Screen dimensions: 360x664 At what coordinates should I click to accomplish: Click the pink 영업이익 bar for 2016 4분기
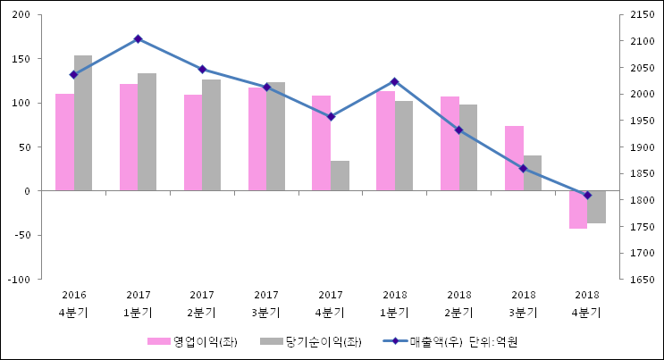click(x=64, y=142)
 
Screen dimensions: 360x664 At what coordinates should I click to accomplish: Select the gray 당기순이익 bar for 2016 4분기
click(x=83, y=123)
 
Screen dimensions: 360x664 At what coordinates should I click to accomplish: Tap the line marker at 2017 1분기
click(x=138, y=39)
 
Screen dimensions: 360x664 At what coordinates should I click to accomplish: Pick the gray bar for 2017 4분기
click(x=340, y=176)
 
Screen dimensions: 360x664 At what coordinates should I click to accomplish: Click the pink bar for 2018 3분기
click(x=514, y=158)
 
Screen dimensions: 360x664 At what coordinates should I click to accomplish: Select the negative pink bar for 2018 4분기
click(x=578, y=209)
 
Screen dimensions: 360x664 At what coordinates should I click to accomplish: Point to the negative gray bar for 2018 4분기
click(x=597, y=206)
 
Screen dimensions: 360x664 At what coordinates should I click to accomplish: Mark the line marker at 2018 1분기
click(x=394, y=81)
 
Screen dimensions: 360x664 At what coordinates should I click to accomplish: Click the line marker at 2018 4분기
click(x=587, y=195)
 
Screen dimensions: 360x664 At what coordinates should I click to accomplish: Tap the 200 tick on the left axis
click(x=21, y=15)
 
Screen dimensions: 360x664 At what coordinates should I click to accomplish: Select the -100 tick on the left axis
click(x=20, y=280)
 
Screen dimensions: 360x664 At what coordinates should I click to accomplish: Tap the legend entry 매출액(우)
click(x=424, y=342)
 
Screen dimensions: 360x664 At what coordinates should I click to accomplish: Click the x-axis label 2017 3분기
click(x=266, y=304)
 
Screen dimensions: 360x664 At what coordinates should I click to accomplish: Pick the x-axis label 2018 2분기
click(x=458, y=304)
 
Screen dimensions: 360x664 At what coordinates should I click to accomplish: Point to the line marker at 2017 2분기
click(x=202, y=69)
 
